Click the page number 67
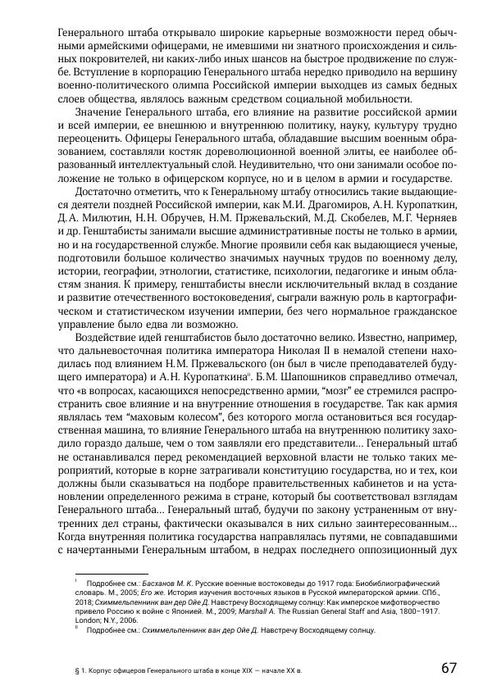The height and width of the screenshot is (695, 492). [x=447, y=666]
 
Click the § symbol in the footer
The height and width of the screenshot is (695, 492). [x=76, y=670]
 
